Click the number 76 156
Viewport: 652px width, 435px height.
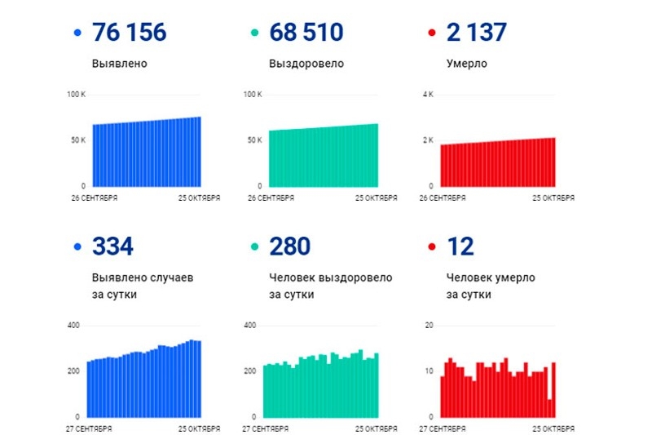(130, 33)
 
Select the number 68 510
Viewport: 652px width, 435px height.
(306, 33)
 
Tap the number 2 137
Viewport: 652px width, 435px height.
(477, 33)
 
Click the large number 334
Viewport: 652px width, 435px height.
(113, 246)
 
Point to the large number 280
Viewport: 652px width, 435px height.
(289, 246)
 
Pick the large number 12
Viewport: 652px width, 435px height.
(460, 246)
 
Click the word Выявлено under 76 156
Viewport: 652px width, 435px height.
(121, 63)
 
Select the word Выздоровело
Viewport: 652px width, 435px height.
(306, 63)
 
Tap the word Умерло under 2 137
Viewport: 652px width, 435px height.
(467, 63)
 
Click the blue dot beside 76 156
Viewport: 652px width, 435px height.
(77, 33)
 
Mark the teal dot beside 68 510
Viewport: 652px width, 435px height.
(254, 33)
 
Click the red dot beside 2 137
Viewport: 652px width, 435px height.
(431, 33)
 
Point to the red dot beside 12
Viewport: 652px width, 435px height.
(431, 247)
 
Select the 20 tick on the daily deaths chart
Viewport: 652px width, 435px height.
(429, 326)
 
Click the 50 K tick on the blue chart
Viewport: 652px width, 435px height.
(77, 140)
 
